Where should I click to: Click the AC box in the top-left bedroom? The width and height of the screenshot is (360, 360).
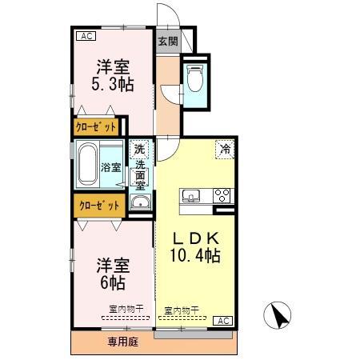tap(86, 36)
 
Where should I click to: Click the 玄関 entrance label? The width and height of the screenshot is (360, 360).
tap(167, 42)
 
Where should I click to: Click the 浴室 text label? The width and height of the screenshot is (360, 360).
tap(111, 168)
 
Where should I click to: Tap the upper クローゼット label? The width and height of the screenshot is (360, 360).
tap(97, 127)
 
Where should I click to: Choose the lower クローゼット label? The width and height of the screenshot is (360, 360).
tap(99, 205)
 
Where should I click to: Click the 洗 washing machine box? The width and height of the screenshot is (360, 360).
tap(140, 149)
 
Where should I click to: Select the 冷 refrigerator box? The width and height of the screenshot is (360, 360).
tap(226, 148)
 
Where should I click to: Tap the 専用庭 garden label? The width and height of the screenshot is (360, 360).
tap(123, 342)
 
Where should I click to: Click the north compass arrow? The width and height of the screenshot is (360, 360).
tap(279, 314)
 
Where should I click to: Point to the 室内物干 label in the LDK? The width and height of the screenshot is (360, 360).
tap(182, 310)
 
